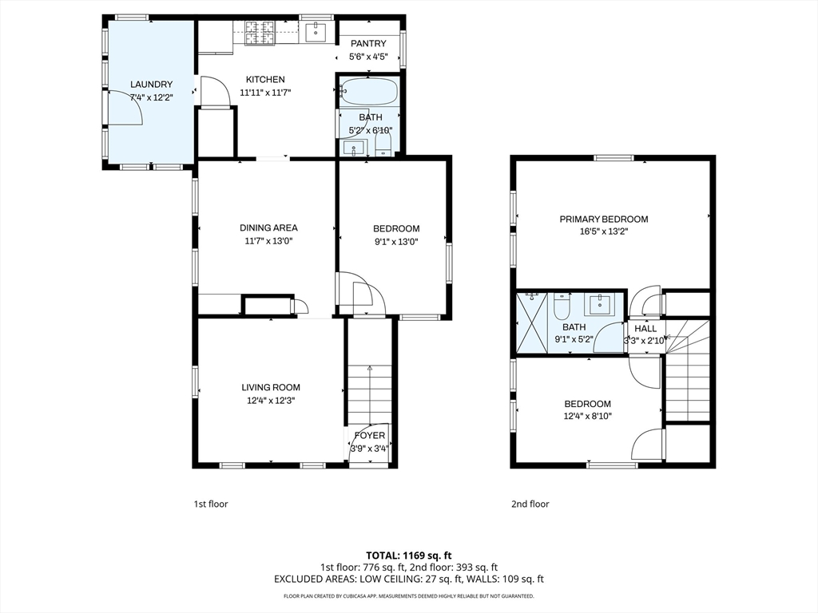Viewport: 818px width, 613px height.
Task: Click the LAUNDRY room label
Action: point(151,85)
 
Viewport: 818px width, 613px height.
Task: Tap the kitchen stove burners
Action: point(260,32)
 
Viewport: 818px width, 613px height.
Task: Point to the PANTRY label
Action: point(368,44)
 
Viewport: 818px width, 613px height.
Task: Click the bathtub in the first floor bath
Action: point(369,92)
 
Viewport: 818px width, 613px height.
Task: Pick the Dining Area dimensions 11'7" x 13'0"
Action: point(268,241)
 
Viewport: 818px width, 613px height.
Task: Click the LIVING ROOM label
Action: point(271,387)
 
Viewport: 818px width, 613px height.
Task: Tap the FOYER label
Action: point(369,435)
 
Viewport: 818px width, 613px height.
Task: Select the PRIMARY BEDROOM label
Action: point(604,219)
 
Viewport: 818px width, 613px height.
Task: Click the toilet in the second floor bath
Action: point(562,306)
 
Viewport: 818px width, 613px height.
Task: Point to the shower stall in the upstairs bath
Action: point(531,322)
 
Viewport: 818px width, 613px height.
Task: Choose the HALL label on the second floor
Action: point(645,329)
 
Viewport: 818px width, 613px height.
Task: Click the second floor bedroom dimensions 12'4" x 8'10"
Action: point(587,416)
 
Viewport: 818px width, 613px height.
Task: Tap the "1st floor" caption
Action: point(211,504)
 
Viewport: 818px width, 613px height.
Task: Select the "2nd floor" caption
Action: point(530,504)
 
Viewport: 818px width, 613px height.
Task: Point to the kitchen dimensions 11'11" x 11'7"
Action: point(265,93)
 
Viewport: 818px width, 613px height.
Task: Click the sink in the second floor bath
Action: point(598,304)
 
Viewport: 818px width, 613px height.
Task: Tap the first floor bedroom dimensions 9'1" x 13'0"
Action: point(396,242)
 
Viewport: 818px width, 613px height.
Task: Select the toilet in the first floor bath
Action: point(383,143)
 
